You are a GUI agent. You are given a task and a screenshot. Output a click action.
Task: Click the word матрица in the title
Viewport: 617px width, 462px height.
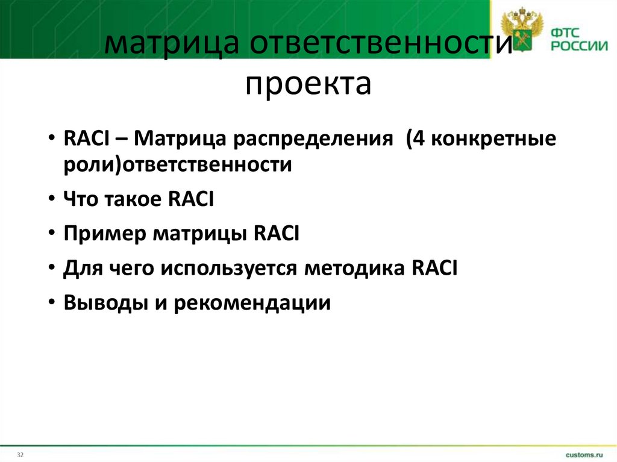(x=169, y=48)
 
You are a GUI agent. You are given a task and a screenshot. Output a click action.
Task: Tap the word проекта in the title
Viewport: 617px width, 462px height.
(x=308, y=84)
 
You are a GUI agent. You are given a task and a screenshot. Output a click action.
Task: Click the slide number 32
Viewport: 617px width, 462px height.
(x=20, y=453)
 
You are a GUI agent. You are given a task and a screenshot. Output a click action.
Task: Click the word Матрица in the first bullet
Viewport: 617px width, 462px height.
(x=179, y=140)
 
